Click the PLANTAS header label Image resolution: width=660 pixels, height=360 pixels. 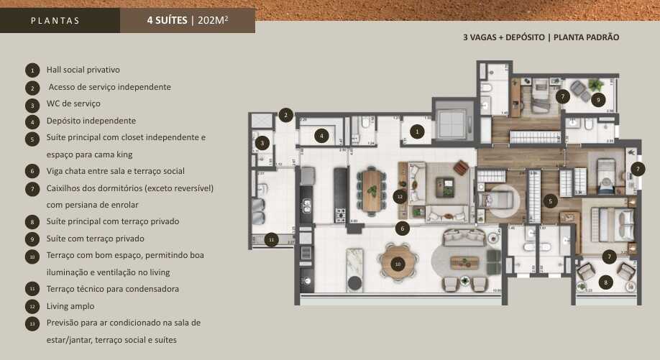[x=55, y=21]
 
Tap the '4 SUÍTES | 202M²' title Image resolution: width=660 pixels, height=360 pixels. [x=187, y=20]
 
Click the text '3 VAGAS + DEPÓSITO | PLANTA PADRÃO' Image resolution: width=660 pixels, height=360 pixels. [x=541, y=37]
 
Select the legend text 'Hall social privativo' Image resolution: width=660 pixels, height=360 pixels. [x=83, y=70]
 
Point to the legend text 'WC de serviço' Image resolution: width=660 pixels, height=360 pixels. [x=73, y=103]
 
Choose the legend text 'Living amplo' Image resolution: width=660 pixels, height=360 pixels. [x=70, y=306]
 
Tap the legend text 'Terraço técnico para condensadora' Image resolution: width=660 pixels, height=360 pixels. [x=112, y=289]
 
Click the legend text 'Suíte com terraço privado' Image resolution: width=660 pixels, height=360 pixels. [x=95, y=239]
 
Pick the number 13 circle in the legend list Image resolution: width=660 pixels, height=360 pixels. [x=32, y=324]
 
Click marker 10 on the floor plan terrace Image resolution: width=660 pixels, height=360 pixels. [x=396, y=264]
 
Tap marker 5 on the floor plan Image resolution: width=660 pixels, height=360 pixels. [x=549, y=201]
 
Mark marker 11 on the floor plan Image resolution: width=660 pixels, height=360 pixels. [x=272, y=239]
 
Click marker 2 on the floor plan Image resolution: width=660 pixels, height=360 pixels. [x=286, y=115]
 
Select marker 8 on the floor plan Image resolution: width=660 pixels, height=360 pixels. [x=605, y=282]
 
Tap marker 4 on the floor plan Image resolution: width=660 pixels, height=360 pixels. [x=323, y=134]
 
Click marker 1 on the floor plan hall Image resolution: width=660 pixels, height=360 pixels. [x=416, y=131]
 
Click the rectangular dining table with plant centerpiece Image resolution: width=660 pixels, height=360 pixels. [x=372, y=190]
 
